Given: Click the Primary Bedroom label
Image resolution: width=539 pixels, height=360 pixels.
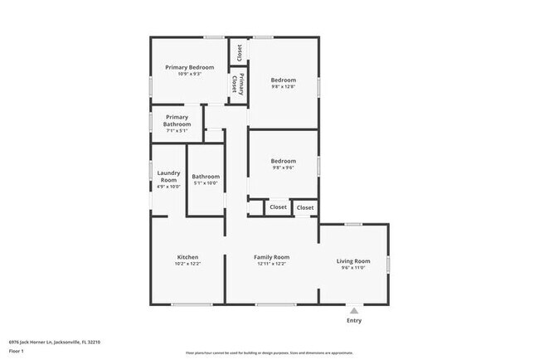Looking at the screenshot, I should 189,67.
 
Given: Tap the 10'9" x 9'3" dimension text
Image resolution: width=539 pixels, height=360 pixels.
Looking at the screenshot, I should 189,74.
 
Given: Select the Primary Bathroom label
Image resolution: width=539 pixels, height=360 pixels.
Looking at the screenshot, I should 177,120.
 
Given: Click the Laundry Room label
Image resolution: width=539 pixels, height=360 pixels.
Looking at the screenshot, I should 168,176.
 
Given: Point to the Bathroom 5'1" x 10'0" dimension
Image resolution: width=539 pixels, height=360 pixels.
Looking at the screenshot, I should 206,183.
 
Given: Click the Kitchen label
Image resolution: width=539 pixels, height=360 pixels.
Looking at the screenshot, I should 187,257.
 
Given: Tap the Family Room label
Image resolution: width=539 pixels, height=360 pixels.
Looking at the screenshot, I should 271,257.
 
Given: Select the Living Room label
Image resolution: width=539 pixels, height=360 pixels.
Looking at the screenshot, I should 354,261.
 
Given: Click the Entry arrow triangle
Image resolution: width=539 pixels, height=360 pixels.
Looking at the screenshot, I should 354,310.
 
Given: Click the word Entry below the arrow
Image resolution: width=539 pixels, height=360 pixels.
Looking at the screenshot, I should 354,320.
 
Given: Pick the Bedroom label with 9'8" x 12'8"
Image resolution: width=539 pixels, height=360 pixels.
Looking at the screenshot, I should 284,80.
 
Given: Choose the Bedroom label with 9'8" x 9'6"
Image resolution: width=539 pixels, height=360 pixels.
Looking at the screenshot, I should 284,161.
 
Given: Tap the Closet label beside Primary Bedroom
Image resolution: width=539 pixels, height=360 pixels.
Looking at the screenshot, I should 239,52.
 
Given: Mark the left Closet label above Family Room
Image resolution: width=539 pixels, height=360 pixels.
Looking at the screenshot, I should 278,207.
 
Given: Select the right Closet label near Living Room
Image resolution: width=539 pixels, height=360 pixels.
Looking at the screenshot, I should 305,207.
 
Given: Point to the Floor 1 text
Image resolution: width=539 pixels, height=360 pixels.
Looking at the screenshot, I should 17,352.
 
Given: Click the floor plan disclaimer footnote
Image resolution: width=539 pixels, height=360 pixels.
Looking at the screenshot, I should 270,352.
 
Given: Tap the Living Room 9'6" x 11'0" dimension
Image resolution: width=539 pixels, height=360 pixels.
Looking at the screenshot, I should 354,268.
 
